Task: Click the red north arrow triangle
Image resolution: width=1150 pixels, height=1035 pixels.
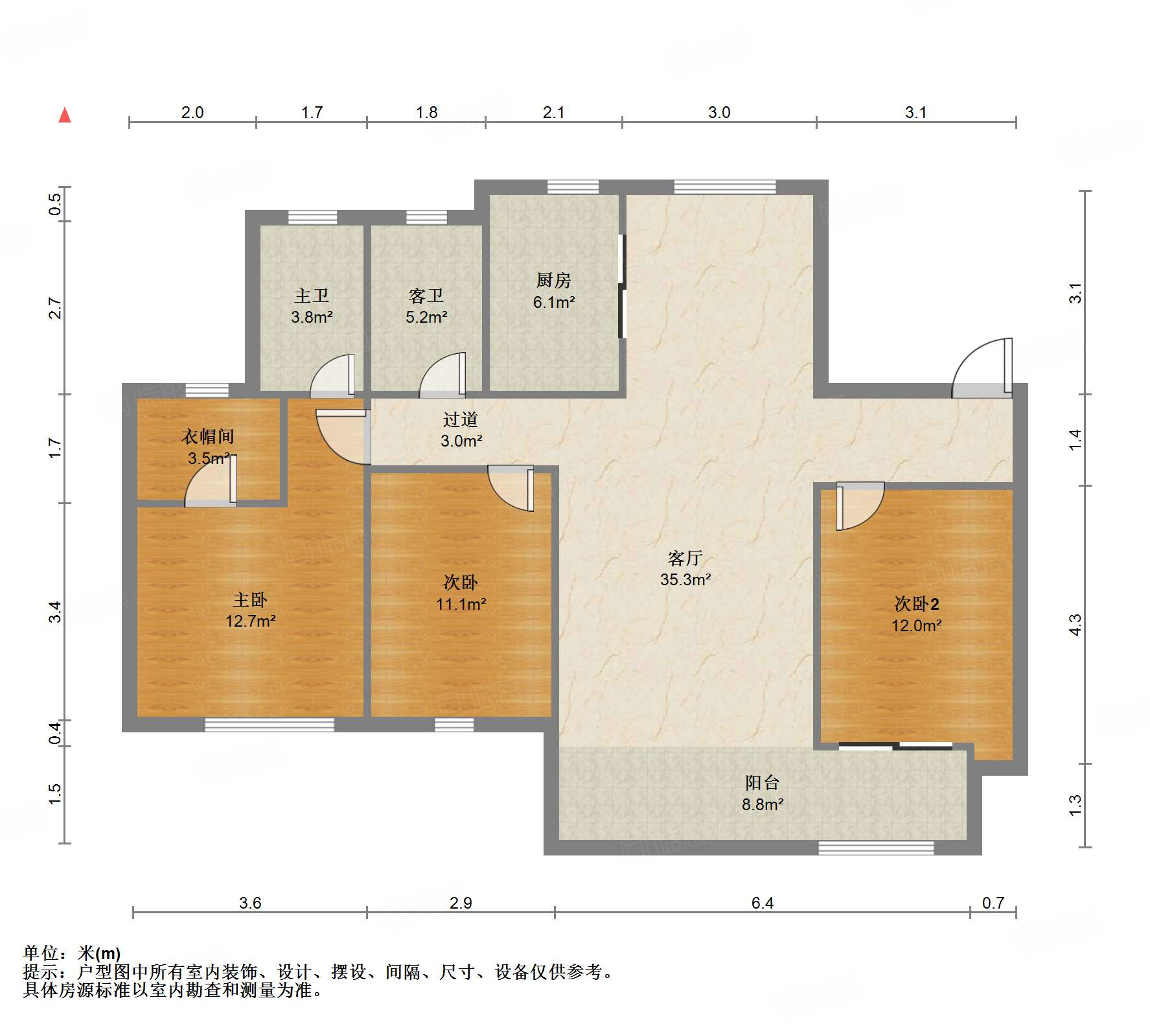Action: pos(65,115)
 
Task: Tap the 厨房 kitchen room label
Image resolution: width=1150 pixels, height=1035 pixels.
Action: pos(554,280)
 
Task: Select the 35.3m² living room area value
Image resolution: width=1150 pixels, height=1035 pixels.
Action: pos(685,579)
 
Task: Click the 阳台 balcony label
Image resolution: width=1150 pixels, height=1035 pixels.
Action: pos(762,783)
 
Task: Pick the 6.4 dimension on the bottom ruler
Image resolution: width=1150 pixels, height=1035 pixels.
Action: pos(763,903)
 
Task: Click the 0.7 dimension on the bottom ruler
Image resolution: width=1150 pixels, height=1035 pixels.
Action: pos(993,903)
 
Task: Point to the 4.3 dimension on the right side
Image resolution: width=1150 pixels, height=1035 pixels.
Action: pos(1075,625)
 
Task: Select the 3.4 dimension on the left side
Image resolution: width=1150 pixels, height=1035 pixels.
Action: pos(56,612)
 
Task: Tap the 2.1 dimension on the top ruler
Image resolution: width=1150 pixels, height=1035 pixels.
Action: pos(553,112)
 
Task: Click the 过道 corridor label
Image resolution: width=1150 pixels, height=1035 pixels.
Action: pos(461,419)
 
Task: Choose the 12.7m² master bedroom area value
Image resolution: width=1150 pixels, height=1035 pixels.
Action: pos(251,621)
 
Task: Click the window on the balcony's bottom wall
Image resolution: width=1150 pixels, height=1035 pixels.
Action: pos(876,848)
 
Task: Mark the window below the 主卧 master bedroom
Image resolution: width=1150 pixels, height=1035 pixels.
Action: pos(270,725)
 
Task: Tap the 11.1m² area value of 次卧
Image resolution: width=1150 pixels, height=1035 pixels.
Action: pos(461,604)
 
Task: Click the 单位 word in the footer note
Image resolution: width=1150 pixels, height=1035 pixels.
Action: pos(40,953)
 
